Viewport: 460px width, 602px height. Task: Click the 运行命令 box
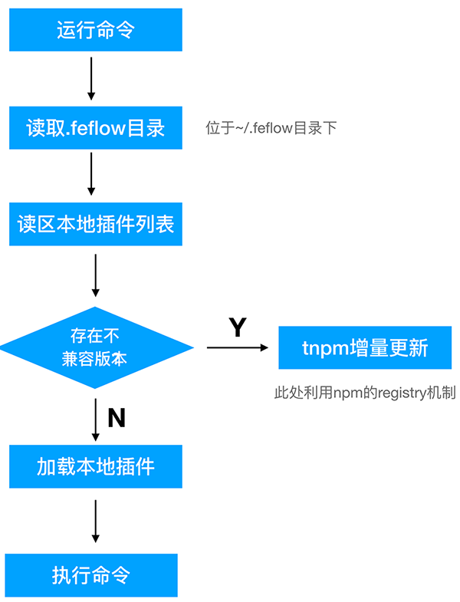(96, 31)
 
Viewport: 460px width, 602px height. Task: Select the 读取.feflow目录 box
(96, 127)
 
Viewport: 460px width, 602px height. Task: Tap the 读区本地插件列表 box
(96, 224)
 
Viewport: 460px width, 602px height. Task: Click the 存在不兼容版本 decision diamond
(96, 348)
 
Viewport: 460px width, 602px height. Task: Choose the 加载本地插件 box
(96, 466)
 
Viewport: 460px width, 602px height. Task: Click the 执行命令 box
(91, 575)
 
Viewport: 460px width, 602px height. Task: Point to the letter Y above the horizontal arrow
(238, 327)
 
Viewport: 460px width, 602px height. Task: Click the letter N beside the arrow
(117, 418)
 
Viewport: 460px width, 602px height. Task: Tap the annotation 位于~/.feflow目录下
(271, 128)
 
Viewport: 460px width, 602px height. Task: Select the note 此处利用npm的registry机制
(365, 393)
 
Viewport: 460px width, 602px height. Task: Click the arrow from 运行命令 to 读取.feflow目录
(91, 79)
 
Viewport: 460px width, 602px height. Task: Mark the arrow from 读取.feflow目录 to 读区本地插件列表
(91, 175)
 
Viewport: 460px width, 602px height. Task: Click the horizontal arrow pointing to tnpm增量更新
(238, 348)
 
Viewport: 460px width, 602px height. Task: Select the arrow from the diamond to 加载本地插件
(96, 419)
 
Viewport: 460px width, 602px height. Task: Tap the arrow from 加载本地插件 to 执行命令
(96, 521)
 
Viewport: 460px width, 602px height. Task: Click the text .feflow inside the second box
(94, 128)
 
